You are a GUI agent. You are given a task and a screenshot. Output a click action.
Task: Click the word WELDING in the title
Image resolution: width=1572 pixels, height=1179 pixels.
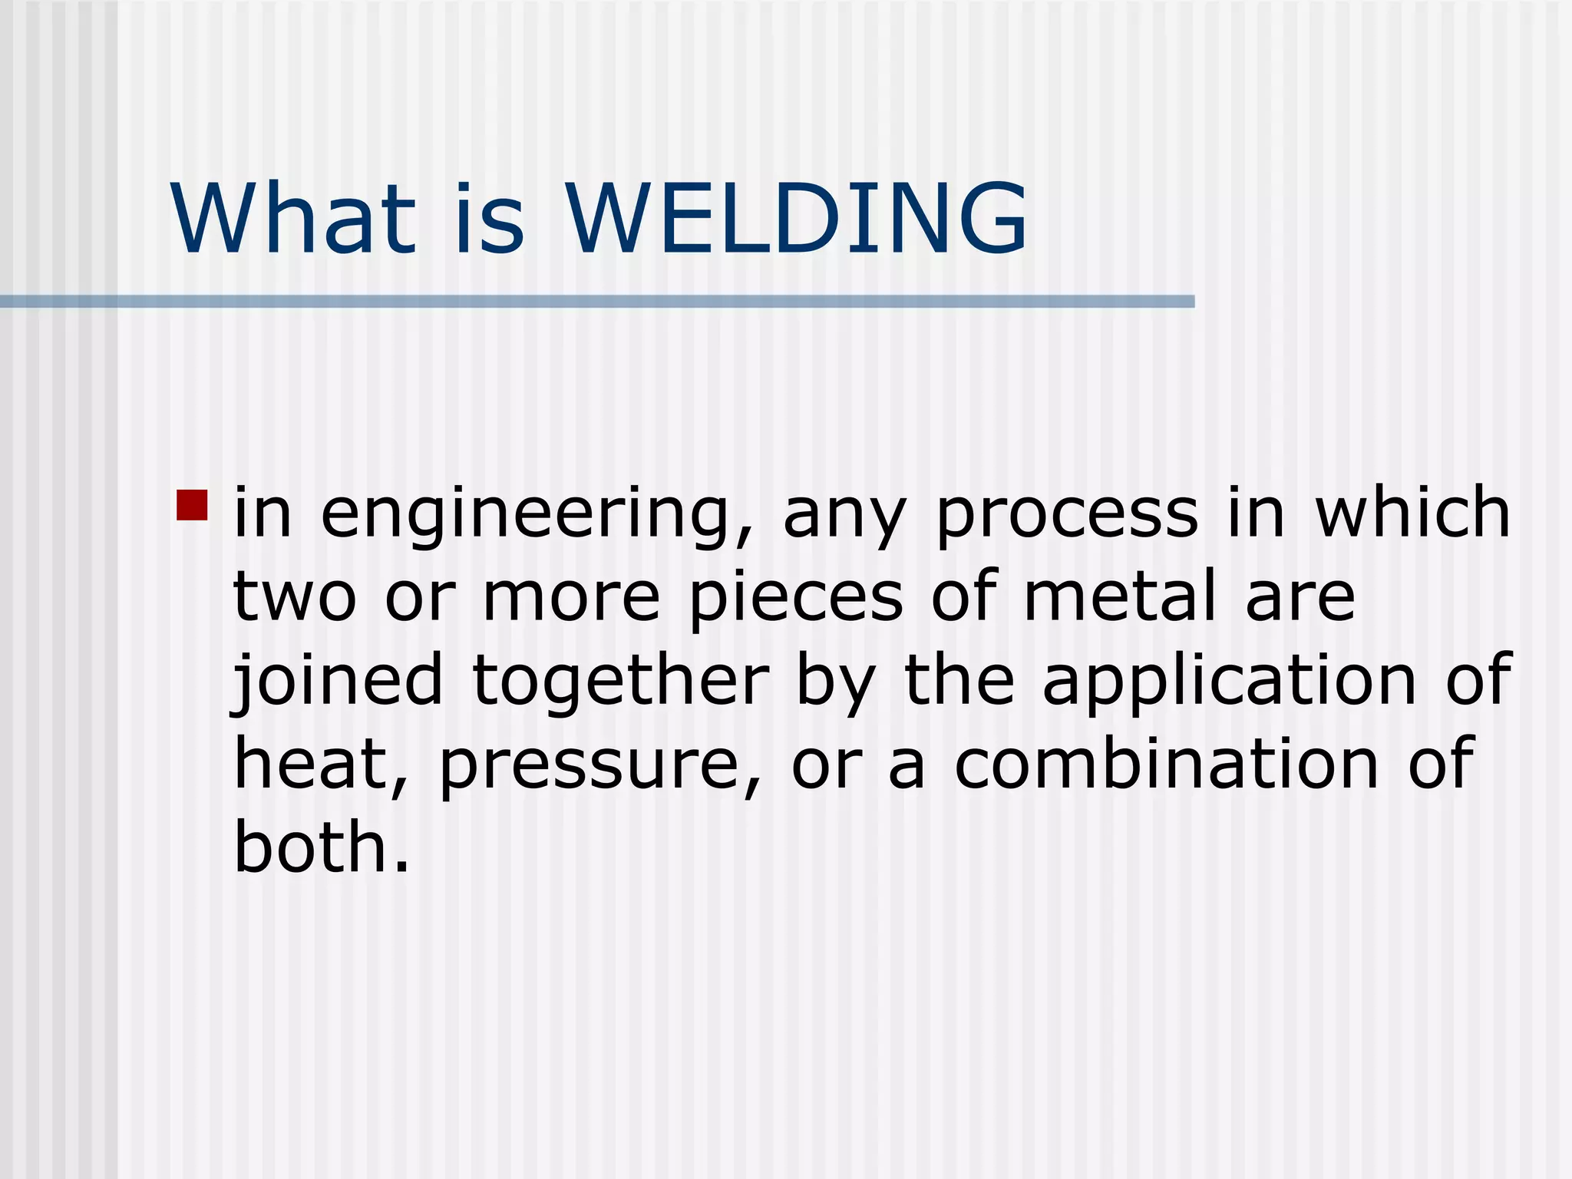coord(796,220)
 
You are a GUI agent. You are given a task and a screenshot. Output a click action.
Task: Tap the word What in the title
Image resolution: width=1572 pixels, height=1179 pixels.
coord(293,220)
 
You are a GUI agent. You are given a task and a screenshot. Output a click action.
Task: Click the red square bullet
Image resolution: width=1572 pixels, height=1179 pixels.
coord(192,505)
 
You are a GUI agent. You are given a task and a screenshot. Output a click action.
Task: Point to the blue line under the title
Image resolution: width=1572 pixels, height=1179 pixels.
coord(597,302)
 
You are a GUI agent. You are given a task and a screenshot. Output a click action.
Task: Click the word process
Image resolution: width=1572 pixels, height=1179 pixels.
coord(1067,514)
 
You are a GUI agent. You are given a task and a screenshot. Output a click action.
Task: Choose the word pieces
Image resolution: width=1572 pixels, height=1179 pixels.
coord(796,599)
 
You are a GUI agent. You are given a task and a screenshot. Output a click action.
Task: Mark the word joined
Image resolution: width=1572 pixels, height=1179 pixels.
coord(338,681)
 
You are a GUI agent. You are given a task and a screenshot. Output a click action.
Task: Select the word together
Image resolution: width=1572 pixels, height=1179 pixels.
coord(620,681)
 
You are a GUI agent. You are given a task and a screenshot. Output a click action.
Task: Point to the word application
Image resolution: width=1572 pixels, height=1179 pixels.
coord(1229,681)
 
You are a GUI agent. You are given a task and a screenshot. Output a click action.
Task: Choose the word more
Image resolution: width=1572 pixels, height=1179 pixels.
coord(571,598)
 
